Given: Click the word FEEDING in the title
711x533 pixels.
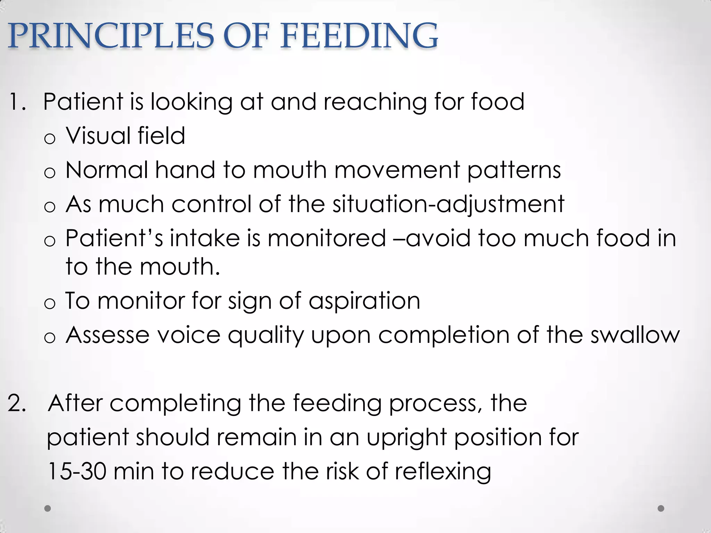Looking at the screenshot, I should pyautogui.click(x=359, y=36).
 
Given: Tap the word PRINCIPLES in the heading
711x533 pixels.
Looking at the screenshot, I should pyautogui.click(x=111, y=36).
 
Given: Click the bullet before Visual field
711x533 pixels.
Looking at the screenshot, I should pyautogui.click(x=50, y=139).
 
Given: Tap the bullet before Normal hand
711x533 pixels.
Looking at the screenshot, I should pyautogui.click(x=50, y=173).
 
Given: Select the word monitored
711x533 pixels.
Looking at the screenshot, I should pyautogui.click(x=327, y=238).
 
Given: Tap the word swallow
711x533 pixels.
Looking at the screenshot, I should pyautogui.click(x=635, y=335).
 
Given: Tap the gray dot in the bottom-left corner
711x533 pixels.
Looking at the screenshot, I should pyautogui.click(x=48, y=508).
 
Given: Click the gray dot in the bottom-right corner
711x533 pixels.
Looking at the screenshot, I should pyautogui.click(x=661, y=508).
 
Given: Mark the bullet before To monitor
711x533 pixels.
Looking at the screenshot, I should pyautogui.click(x=50, y=304).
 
